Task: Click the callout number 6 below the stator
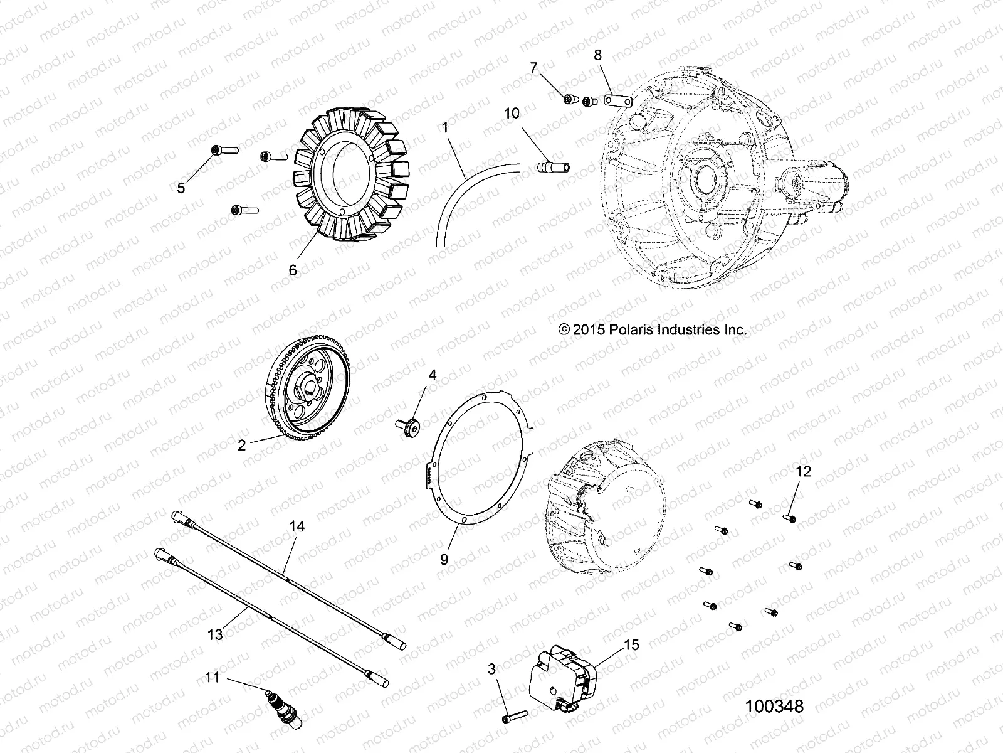coord(292,270)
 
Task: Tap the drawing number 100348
coord(774,707)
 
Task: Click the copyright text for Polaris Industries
coord(652,329)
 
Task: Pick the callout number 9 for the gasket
coord(444,560)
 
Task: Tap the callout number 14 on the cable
coord(297,526)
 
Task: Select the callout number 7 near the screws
coord(533,68)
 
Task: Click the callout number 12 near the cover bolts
coord(804,471)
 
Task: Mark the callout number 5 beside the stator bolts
coord(181,188)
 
